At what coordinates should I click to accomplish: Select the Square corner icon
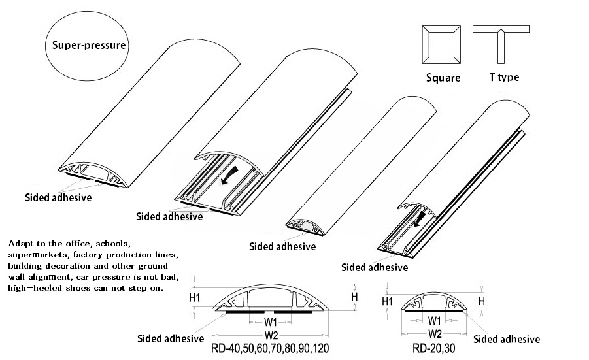click(443, 45)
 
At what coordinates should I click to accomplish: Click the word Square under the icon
click(443, 78)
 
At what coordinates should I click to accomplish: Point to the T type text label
click(504, 77)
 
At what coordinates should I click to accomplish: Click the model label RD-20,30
click(433, 348)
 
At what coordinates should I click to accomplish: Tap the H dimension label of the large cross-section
click(355, 297)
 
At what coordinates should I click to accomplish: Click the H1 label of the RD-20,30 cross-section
click(387, 301)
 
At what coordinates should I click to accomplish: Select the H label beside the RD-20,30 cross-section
click(482, 301)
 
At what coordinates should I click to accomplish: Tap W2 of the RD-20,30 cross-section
click(433, 333)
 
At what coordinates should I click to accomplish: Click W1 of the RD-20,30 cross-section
click(433, 321)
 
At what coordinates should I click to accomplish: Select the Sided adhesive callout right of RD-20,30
click(507, 339)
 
